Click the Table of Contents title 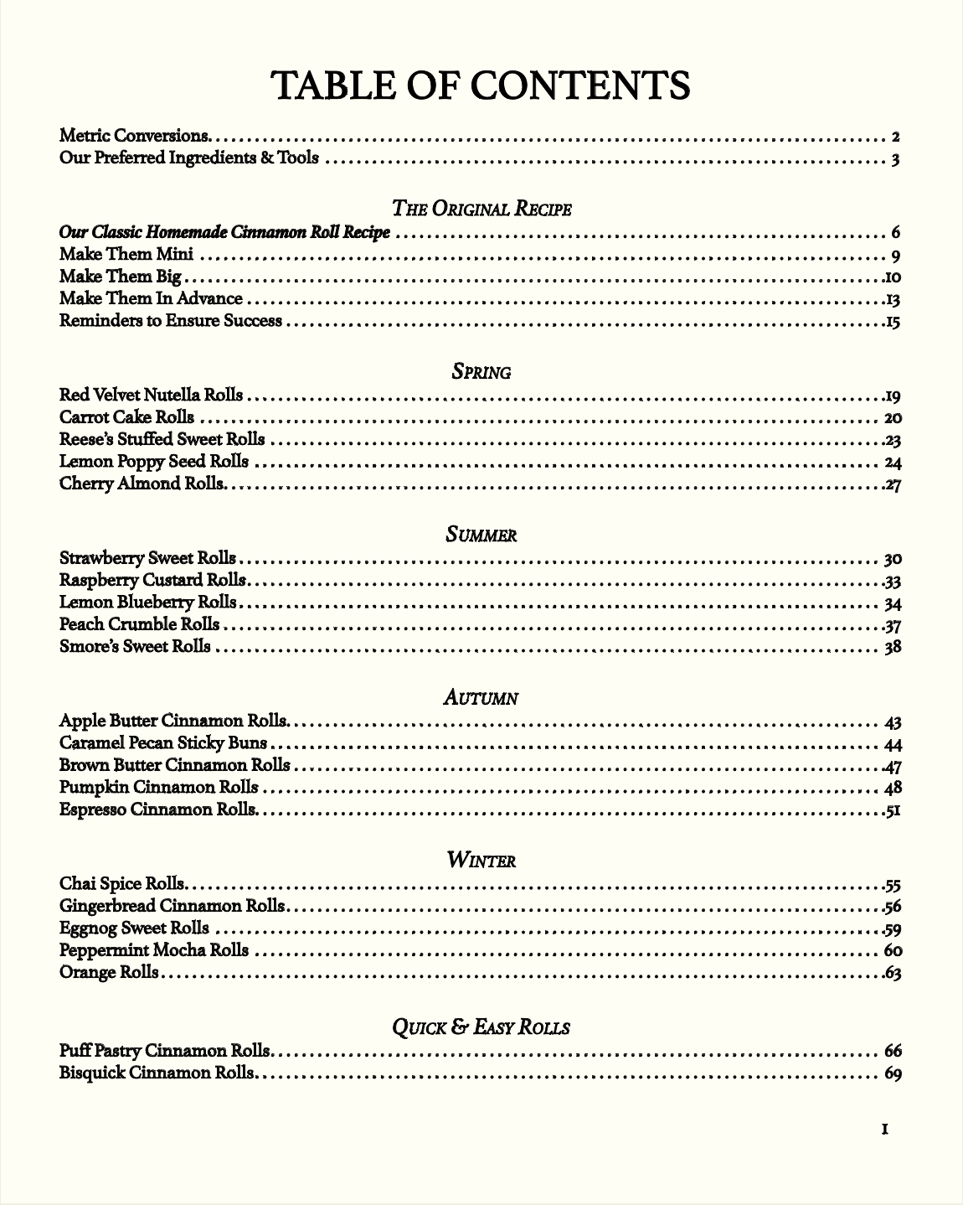click(481, 85)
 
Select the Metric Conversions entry click(135, 136)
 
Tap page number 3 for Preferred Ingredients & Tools click(895, 159)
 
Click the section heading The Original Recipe click(481, 209)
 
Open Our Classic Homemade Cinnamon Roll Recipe click(224, 232)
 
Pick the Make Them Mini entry click(126, 255)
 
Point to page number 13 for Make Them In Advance click(892, 300)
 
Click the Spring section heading click(481, 371)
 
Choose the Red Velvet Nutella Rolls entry click(152, 395)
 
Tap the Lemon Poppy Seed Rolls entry click(154, 462)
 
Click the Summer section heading click(481, 535)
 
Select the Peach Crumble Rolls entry click(140, 624)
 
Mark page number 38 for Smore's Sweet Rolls click(893, 647)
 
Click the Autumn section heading click(481, 697)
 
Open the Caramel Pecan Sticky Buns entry click(163, 743)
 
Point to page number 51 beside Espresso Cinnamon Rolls click(892, 810)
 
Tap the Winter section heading click(481, 860)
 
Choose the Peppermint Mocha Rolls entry click(154, 950)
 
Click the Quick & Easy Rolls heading click(481, 1027)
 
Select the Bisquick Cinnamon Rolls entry click(157, 1073)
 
